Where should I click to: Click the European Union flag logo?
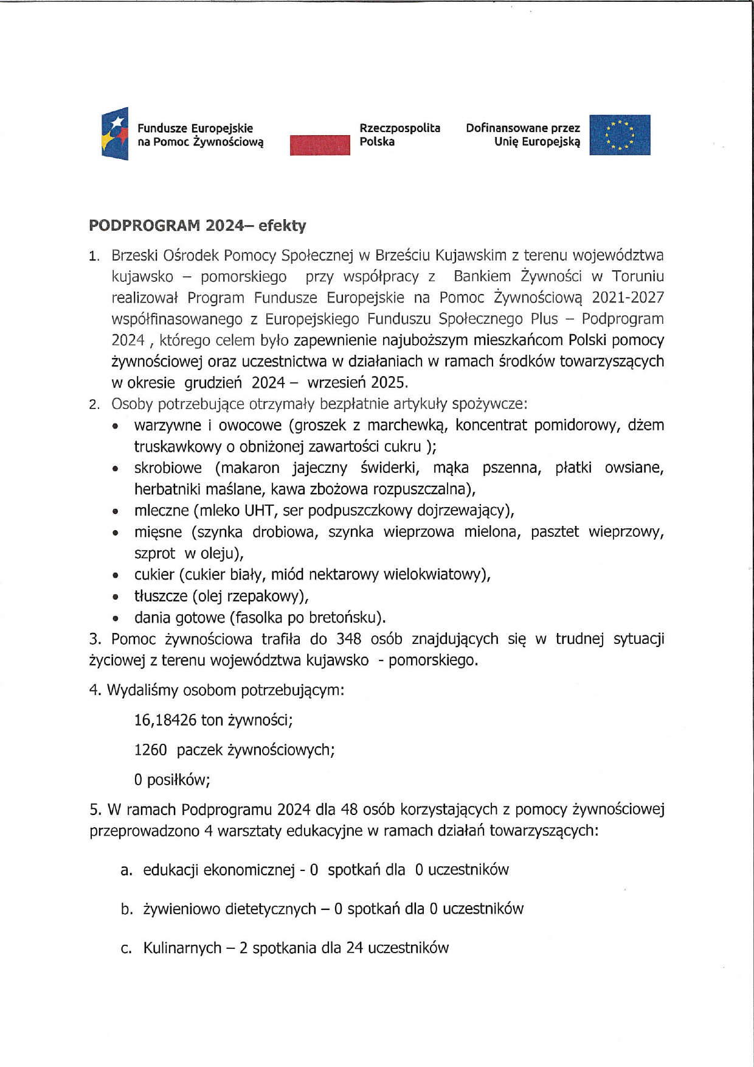[619, 135]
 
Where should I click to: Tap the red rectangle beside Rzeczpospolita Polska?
[320, 145]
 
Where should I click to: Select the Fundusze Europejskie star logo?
[115, 134]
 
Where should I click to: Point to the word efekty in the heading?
[282, 226]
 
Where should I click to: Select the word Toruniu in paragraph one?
[638, 276]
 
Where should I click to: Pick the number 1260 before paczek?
[150, 750]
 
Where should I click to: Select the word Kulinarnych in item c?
[182, 948]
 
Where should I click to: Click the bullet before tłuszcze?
[116, 596]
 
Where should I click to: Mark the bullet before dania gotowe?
[116, 618]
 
